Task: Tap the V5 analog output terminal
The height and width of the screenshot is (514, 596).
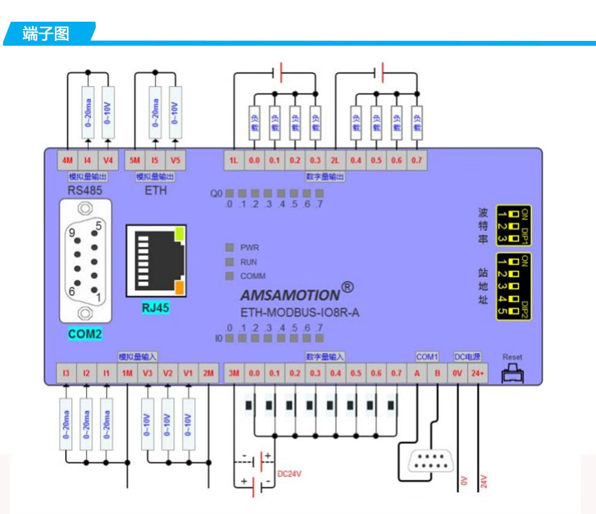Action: coord(175,161)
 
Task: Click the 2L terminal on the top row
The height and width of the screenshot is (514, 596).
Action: coord(335,161)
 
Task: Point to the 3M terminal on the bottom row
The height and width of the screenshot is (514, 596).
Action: coord(234,374)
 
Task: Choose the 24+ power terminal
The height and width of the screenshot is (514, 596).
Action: coord(478,374)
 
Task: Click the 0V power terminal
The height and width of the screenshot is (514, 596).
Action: coord(458,374)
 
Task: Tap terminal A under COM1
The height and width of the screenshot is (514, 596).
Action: coord(417,374)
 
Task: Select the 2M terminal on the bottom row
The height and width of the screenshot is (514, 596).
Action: coord(208,374)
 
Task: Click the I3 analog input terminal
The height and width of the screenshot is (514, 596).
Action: coord(66,374)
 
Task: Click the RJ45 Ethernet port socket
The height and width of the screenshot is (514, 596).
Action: coord(156,261)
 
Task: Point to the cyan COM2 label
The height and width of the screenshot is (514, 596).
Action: coord(85,333)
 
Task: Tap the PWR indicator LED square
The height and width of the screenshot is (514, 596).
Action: coord(229,248)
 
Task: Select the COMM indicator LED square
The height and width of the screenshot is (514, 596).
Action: coord(229,276)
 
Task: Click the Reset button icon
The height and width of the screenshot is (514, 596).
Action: coord(513,375)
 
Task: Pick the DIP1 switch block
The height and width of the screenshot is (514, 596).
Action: coord(513,225)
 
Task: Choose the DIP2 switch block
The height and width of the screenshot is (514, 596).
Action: coord(513,286)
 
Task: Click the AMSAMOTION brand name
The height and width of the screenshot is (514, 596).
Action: coord(290,295)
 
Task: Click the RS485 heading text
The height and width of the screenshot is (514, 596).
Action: coord(85,190)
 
